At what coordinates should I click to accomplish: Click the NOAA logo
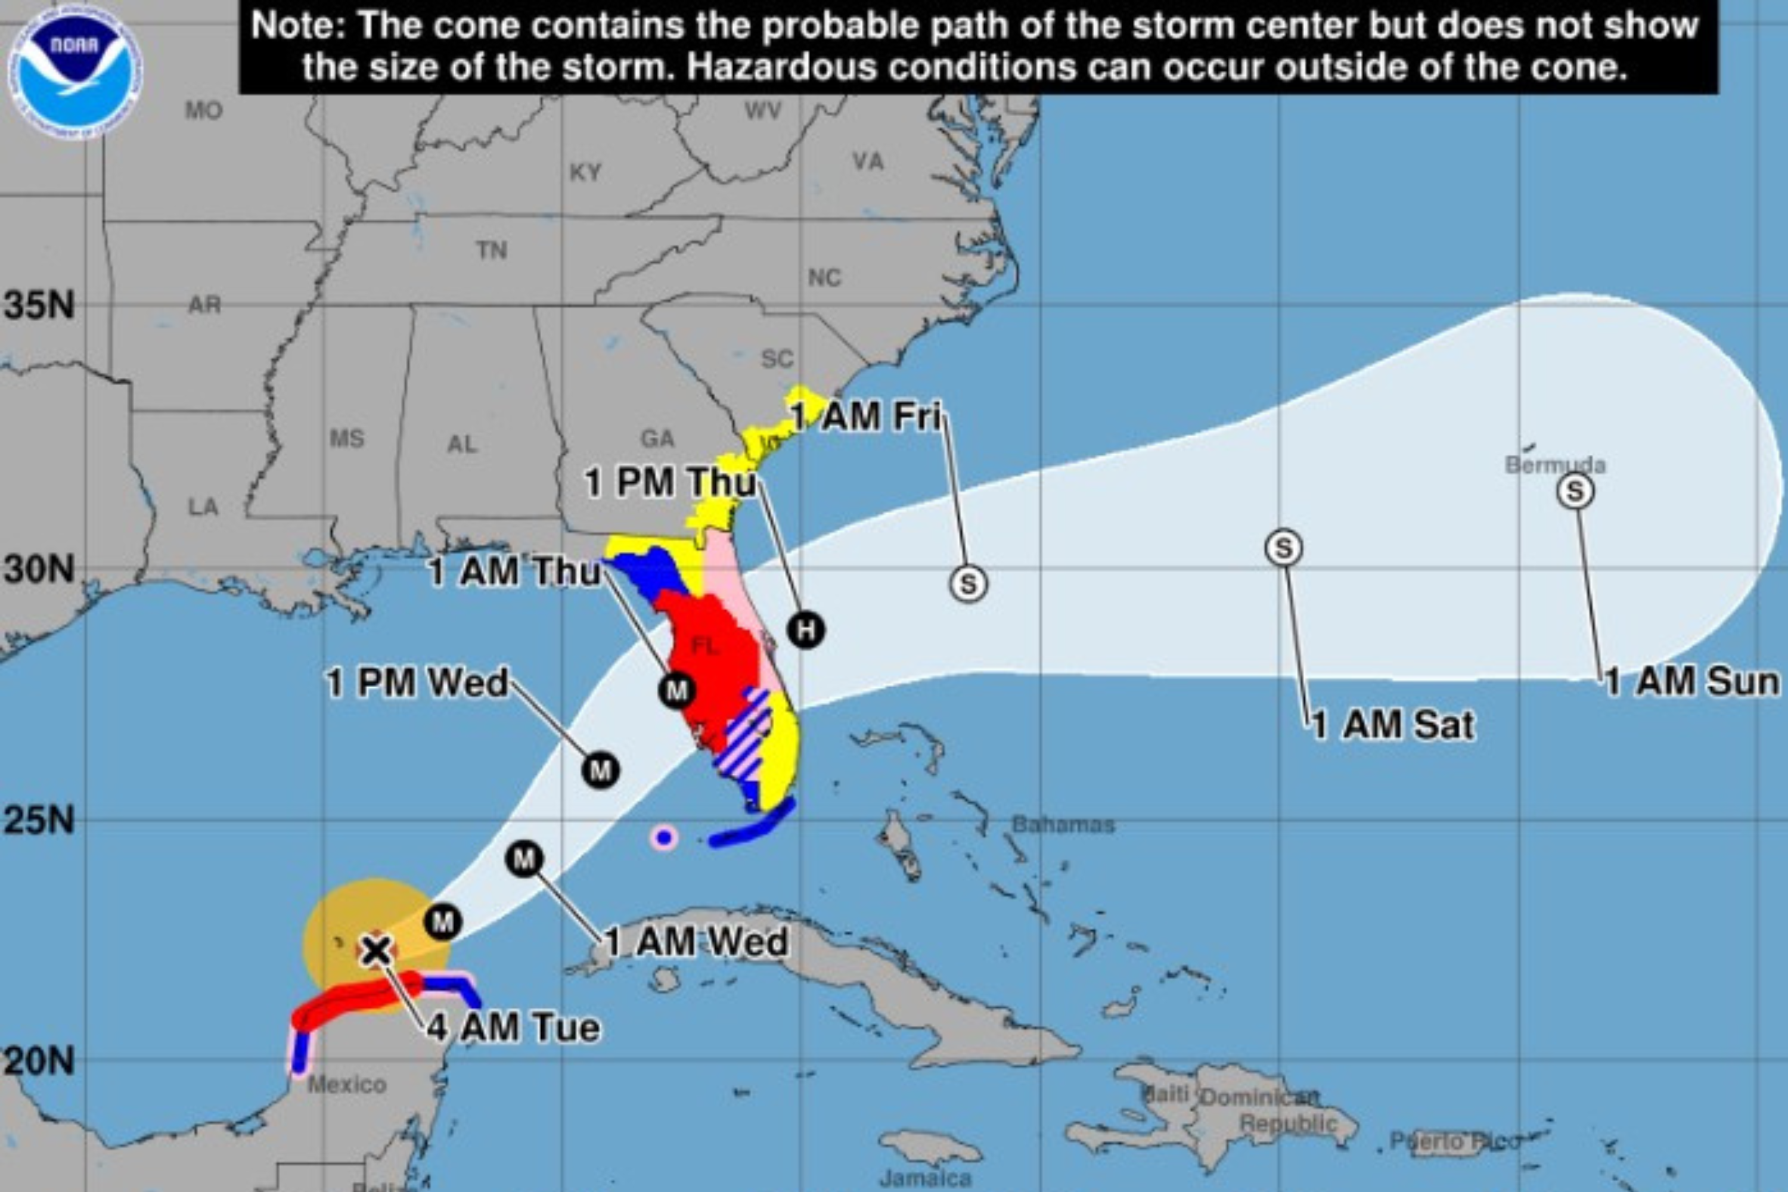pyautogui.click(x=74, y=73)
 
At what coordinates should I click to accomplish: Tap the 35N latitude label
pyautogui.click(x=39, y=306)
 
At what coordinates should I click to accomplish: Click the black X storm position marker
pyautogui.click(x=375, y=950)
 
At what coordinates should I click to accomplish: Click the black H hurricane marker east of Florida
pyautogui.click(x=806, y=629)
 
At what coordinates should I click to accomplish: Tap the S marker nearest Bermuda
pyautogui.click(x=1575, y=491)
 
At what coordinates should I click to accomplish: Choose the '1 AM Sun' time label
pyautogui.click(x=1692, y=682)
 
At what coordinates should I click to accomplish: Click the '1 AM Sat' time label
pyautogui.click(x=1393, y=725)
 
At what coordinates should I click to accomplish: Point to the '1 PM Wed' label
pyautogui.click(x=417, y=682)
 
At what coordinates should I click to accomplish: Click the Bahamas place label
pyautogui.click(x=1063, y=825)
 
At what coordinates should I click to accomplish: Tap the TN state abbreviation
pyautogui.click(x=492, y=250)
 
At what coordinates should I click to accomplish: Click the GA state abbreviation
pyautogui.click(x=657, y=439)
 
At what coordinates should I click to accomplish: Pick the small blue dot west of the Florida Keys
pyautogui.click(x=665, y=839)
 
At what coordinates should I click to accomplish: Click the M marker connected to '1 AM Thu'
pyautogui.click(x=676, y=690)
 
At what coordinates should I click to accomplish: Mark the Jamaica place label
pyautogui.click(x=924, y=1179)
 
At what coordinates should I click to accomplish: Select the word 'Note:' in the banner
pyautogui.click(x=299, y=26)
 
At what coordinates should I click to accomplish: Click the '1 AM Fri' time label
pyautogui.click(x=866, y=417)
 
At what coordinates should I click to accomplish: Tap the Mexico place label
pyautogui.click(x=347, y=1084)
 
